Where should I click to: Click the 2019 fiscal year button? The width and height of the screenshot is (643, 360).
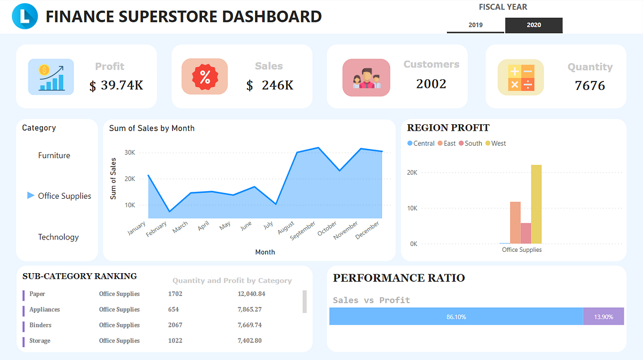475,25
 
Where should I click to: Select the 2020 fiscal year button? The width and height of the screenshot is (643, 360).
534,25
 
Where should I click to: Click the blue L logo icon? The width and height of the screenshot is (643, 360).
25,16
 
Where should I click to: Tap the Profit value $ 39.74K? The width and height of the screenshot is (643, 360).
116,85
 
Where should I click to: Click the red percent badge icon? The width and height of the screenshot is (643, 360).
205,77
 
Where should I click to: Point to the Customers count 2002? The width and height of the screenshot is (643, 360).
431,84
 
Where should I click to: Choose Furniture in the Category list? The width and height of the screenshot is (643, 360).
54,155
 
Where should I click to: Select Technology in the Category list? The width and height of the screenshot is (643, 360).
58,237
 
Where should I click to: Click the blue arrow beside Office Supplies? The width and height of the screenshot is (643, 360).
31,196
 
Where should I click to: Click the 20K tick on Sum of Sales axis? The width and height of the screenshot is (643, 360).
129,178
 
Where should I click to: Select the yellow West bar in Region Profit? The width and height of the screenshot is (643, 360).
536,204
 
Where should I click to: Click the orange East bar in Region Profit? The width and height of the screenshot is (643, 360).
515,222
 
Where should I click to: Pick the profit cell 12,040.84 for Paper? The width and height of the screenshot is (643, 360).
251,294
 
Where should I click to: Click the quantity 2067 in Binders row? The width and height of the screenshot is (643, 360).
175,325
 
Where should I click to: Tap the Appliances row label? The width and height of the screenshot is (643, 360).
44,310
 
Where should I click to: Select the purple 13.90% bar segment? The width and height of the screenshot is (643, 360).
603,317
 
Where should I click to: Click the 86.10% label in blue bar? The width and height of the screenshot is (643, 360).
456,317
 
